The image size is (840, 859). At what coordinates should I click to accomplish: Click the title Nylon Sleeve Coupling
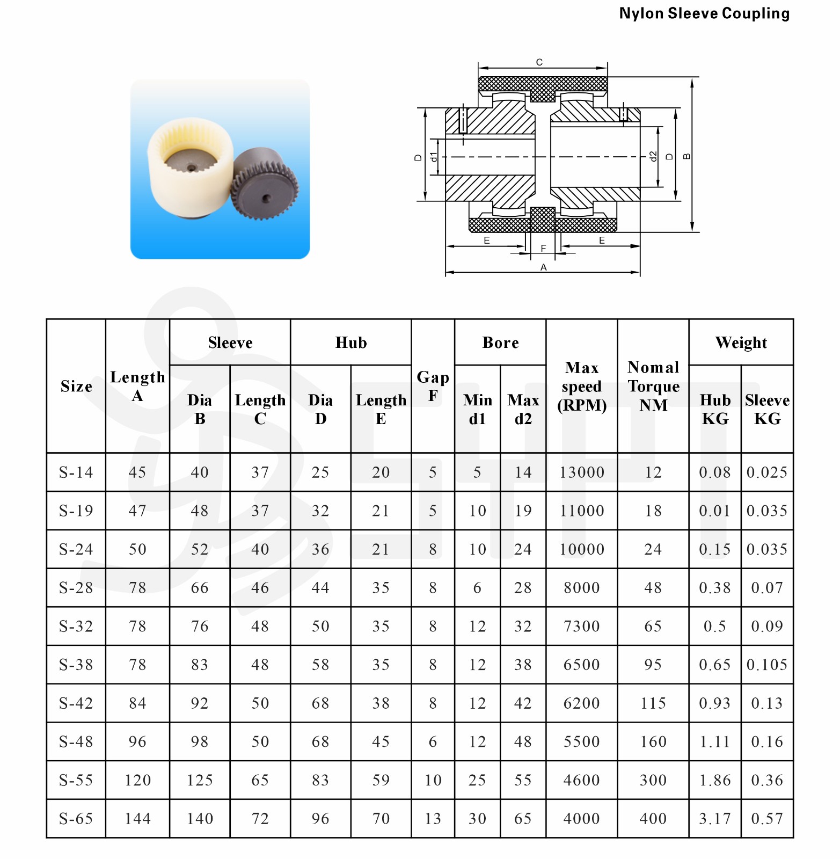[704, 13]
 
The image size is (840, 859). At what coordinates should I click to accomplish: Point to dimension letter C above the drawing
[539, 62]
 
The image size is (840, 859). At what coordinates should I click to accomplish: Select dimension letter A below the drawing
[543, 267]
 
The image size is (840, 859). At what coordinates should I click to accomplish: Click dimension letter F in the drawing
[543, 248]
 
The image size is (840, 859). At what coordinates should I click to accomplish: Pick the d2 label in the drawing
[653, 156]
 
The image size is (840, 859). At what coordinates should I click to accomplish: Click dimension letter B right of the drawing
[686, 156]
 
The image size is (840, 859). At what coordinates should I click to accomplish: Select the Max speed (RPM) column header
[582, 387]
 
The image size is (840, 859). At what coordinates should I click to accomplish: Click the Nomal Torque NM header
[653, 387]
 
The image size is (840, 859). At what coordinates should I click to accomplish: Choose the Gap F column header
[433, 387]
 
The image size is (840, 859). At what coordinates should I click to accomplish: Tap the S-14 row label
[76, 472]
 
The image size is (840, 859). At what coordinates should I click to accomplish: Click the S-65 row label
[76, 819]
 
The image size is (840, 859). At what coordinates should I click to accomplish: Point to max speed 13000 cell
[582, 472]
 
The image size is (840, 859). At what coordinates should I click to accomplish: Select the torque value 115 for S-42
[653, 703]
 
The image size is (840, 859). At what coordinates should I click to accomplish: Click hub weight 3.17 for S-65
[715, 819]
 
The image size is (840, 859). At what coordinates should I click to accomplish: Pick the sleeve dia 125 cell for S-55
[200, 780]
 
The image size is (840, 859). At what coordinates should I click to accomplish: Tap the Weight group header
[741, 343]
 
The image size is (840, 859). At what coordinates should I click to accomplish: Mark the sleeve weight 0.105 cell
[767, 665]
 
